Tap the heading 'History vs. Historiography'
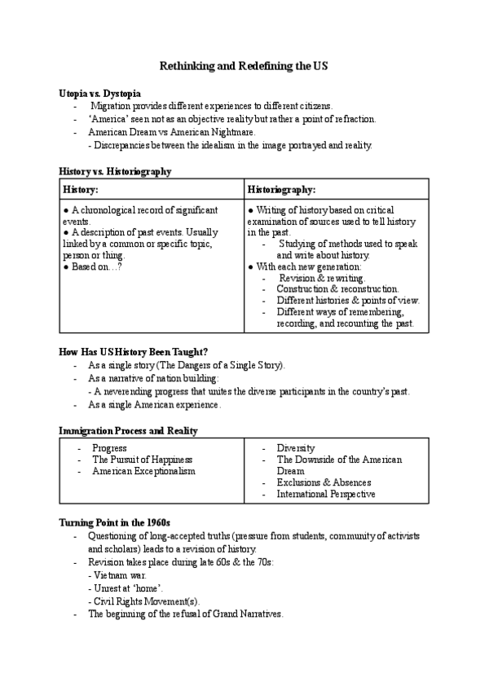pos(115,172)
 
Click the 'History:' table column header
pos(81,189)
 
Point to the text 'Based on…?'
pos(92,266)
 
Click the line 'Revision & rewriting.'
pos(315,278)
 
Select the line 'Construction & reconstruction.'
pos(337,289)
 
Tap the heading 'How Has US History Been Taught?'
pos(134,352)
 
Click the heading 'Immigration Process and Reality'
pos(128,430)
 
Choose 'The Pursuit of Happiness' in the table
pos(143,460)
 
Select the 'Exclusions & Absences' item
pos(324,482)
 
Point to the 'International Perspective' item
pos(326,494)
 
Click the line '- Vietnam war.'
pos(117,575)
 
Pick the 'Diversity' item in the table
pos(296,448)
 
